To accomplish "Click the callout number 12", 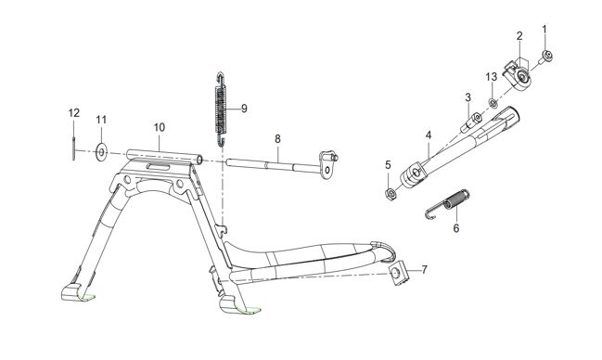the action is click(x=74, y=113).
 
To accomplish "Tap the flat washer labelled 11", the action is click(x=101, y=152).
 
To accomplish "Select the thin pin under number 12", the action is click(x=73, y=148).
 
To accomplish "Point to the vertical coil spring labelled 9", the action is click(x=220, y=109).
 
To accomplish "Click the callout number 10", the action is click(x=160, y=127).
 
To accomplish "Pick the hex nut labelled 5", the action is click(x=389, y=193).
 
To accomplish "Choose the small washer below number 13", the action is click(x=493, y=103).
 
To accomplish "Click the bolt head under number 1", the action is click(x=546, y=57).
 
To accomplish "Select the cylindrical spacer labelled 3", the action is click(x=471, y=122).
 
